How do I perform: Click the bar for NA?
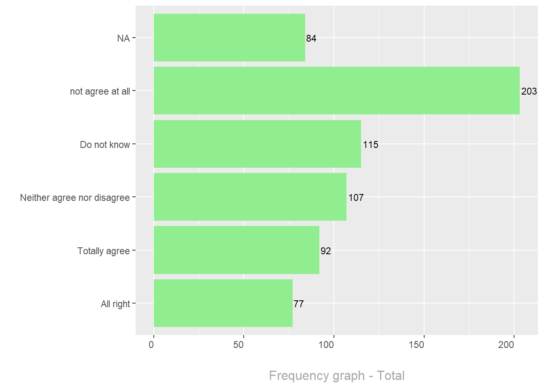229,38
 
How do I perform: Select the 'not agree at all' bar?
336,91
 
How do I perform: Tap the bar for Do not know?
257,144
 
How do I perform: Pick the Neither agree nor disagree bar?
250,197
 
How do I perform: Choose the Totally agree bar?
236,250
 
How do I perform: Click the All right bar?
223,303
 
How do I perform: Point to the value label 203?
529,91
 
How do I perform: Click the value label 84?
311,38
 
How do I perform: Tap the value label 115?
370,145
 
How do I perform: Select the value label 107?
356,198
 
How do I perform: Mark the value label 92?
326,251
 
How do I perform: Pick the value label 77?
299,304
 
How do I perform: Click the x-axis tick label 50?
238,345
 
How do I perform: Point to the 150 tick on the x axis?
416,345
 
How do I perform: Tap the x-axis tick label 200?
506,345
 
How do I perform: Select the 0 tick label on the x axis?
151,345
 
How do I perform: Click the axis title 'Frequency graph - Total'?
337,375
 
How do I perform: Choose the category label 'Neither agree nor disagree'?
75,198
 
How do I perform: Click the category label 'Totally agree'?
104,251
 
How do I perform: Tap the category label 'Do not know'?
105,145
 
